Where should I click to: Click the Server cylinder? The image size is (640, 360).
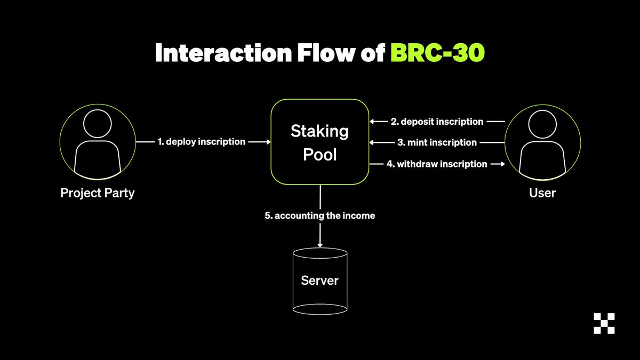pos(320,281)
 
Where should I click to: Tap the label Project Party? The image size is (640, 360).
pos(98,193)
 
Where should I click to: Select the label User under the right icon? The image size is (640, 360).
pos(542,193)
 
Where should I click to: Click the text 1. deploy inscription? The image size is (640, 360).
pos(202,142)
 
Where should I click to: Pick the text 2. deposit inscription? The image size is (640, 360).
pos(437,122)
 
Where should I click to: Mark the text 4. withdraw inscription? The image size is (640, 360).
pos(437,164)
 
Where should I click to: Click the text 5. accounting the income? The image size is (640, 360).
pos(320,216)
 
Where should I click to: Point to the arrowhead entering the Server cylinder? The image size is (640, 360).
pos(320,244)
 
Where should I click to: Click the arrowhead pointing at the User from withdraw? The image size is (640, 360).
pos(501,164)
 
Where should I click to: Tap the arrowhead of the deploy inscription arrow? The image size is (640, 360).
pos(268,142)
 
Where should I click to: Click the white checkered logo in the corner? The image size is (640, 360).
pos(604,323)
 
